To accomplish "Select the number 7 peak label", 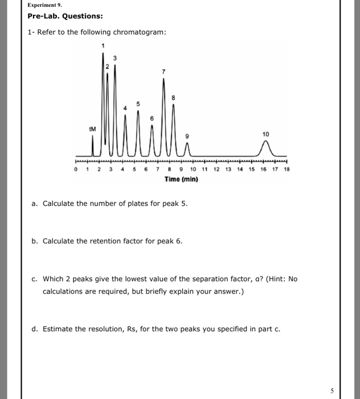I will pyautogui.click(x=163, y=72).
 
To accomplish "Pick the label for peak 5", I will pyautogui.click(x=136, y=104).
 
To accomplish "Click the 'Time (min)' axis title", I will pyautogui.click(x=181, y=180).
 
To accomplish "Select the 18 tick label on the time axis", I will pyautogui.click(x=287, y=170).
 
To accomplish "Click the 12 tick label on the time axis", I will pyautogui.click(x=216, y=170).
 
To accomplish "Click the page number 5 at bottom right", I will pyautogui.click(x=332, y=390).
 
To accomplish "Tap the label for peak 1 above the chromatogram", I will pyautogui.click(x=103, y=46).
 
